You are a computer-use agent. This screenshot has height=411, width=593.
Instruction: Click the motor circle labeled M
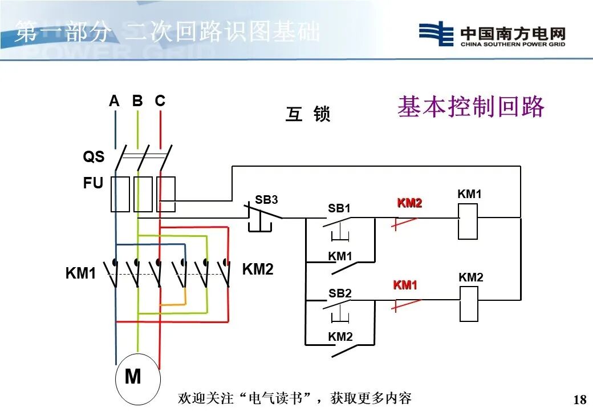pos(137,378)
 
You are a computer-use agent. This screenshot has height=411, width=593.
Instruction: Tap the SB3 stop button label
pos(266,200)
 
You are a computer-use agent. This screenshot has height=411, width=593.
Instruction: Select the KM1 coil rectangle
pos(468,220)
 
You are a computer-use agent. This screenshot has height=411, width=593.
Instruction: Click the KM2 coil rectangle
pos(468,304)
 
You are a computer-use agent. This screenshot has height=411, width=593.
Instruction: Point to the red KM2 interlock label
pos(409,203)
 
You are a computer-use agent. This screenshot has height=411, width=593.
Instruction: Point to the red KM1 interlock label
pos(405,285)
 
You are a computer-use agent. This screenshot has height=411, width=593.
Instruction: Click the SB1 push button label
pos(339,209)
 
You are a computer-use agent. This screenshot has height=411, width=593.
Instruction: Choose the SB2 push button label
pos(340,293)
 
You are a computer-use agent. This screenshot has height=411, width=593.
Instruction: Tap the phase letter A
pos(115,101)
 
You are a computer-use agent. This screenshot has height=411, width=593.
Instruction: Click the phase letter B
pos(137,101)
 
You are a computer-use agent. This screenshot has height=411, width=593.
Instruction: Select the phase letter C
pos(160,101)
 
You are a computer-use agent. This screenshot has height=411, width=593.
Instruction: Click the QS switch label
pos(94,156)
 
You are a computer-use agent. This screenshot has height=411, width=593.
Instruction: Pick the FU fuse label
pos(94,183)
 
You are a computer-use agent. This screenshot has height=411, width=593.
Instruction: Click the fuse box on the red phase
pos(166,194)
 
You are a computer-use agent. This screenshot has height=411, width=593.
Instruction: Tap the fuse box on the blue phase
pos(120,194)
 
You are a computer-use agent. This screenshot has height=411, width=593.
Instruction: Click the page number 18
pos(579,399)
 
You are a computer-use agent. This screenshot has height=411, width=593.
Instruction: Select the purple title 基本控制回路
pos(471,107)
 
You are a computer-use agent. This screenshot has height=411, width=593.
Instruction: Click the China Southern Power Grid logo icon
pos(436,34)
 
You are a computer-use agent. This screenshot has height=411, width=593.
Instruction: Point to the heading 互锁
pos(308,115)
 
